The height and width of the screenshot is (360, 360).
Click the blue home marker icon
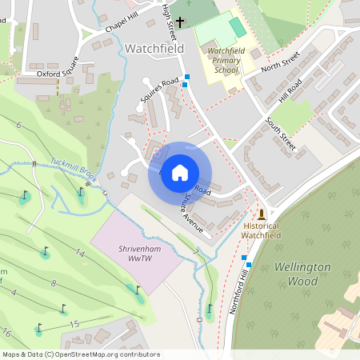[180, 173]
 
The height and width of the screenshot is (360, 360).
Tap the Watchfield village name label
[154, 48]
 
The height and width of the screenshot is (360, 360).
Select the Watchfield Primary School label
[222, 60]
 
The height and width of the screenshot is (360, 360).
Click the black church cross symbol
[181, 22]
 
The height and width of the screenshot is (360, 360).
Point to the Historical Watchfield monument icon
[262, 214]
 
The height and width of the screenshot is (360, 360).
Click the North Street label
[280, 60]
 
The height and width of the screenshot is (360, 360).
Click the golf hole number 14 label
[80, 253]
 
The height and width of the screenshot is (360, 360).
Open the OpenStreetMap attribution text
[80, 354]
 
